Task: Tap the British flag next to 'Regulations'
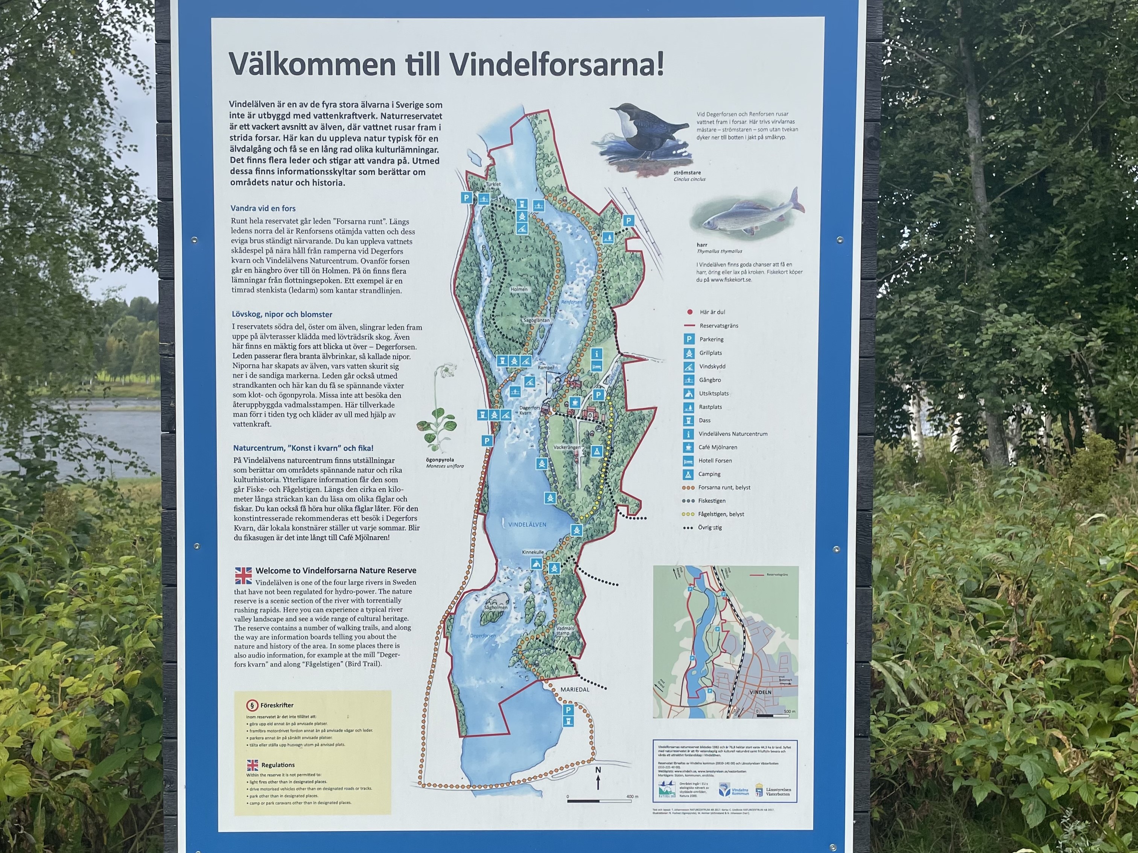click(x=252, y=765)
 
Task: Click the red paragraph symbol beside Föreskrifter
click(x=251, y=705)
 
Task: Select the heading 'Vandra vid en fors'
click(x=263, y=208)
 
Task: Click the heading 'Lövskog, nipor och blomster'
click(x=282, y=314)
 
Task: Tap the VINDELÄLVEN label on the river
click(x=527, y=524)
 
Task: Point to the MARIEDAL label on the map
click(x=575, y=689)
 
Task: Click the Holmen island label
click(x=519, y=290)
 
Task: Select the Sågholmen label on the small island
click(x=496, y=608)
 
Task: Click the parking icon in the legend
click(x=688, y=339)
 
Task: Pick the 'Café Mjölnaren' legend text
click(x=718, y=447)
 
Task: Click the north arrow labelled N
click(x=598, y=780)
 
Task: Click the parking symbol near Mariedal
click(x=568, y=710)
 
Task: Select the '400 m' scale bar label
click(x=632, y=797)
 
